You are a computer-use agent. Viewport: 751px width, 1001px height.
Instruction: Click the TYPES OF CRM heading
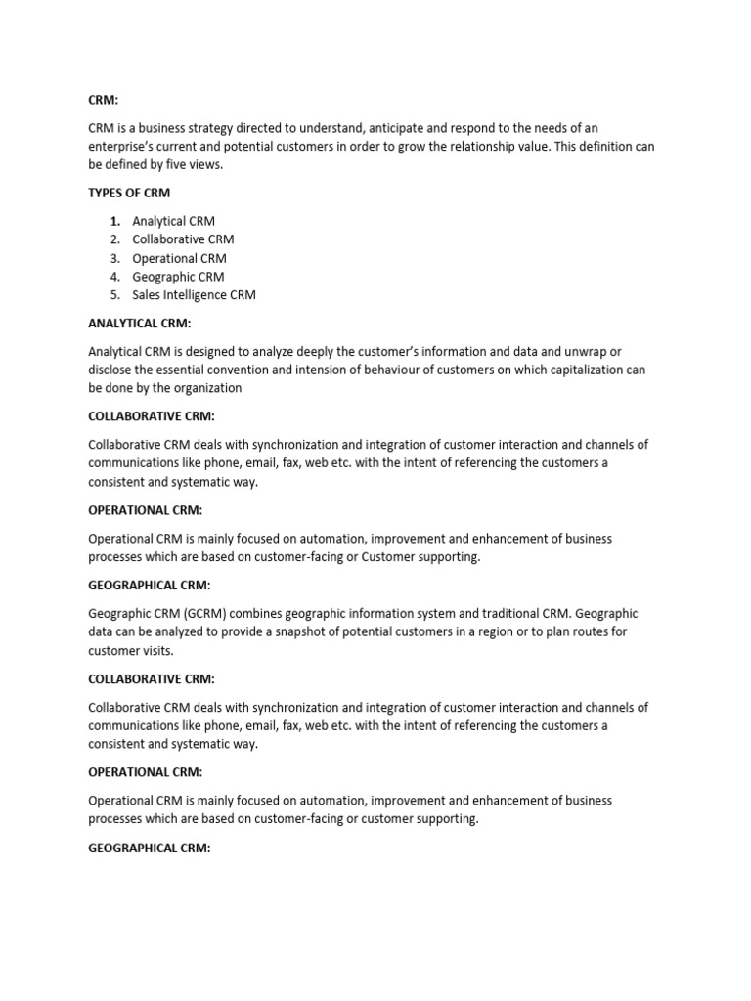[129, 193]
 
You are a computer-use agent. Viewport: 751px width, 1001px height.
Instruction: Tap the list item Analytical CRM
[173, 221]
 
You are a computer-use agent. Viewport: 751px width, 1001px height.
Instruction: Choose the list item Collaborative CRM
[183, 239]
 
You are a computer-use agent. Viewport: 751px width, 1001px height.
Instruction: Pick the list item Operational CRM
[179, 258]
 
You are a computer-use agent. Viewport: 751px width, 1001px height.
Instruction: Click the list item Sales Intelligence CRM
[194, 295]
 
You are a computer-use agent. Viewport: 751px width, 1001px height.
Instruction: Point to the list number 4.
[114, 277]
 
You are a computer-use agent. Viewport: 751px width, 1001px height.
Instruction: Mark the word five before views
[180, 164]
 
